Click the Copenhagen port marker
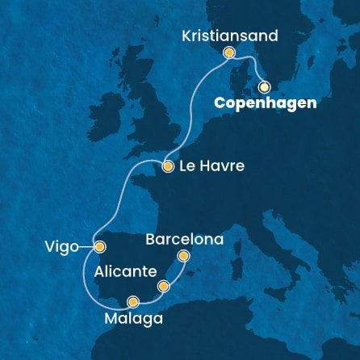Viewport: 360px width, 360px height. click(264, 87)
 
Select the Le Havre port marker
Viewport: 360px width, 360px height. click(168, 167)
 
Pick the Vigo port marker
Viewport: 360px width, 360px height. click(99, 247)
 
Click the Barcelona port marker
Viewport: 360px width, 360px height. click(183, 257)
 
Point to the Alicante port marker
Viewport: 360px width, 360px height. click(164, 286)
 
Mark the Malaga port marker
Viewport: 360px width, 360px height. click(133, 303)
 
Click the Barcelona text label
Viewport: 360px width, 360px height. click(184, 240)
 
